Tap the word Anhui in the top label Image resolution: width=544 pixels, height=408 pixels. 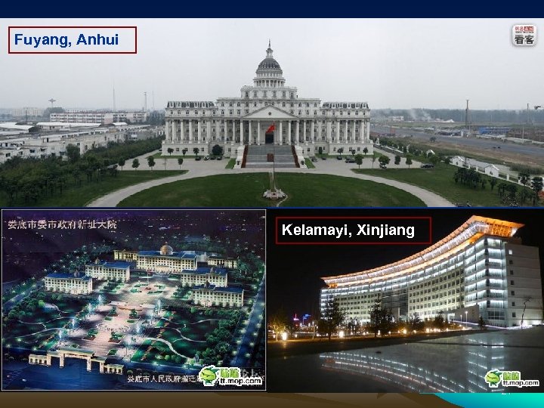point(96,39)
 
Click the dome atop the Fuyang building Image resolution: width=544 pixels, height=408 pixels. point(268,64)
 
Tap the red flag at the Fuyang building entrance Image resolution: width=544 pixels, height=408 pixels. point(270,129)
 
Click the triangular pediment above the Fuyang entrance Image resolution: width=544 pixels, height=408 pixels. point(268,112)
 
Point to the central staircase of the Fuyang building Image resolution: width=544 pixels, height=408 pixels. point(268,156)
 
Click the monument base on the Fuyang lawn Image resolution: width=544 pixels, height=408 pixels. point(274,194)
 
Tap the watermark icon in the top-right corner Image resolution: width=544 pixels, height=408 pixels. point(524,35)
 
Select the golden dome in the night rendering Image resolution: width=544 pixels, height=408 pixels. point(167,249)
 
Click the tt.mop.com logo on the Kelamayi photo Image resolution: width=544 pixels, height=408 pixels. point(512,378)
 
